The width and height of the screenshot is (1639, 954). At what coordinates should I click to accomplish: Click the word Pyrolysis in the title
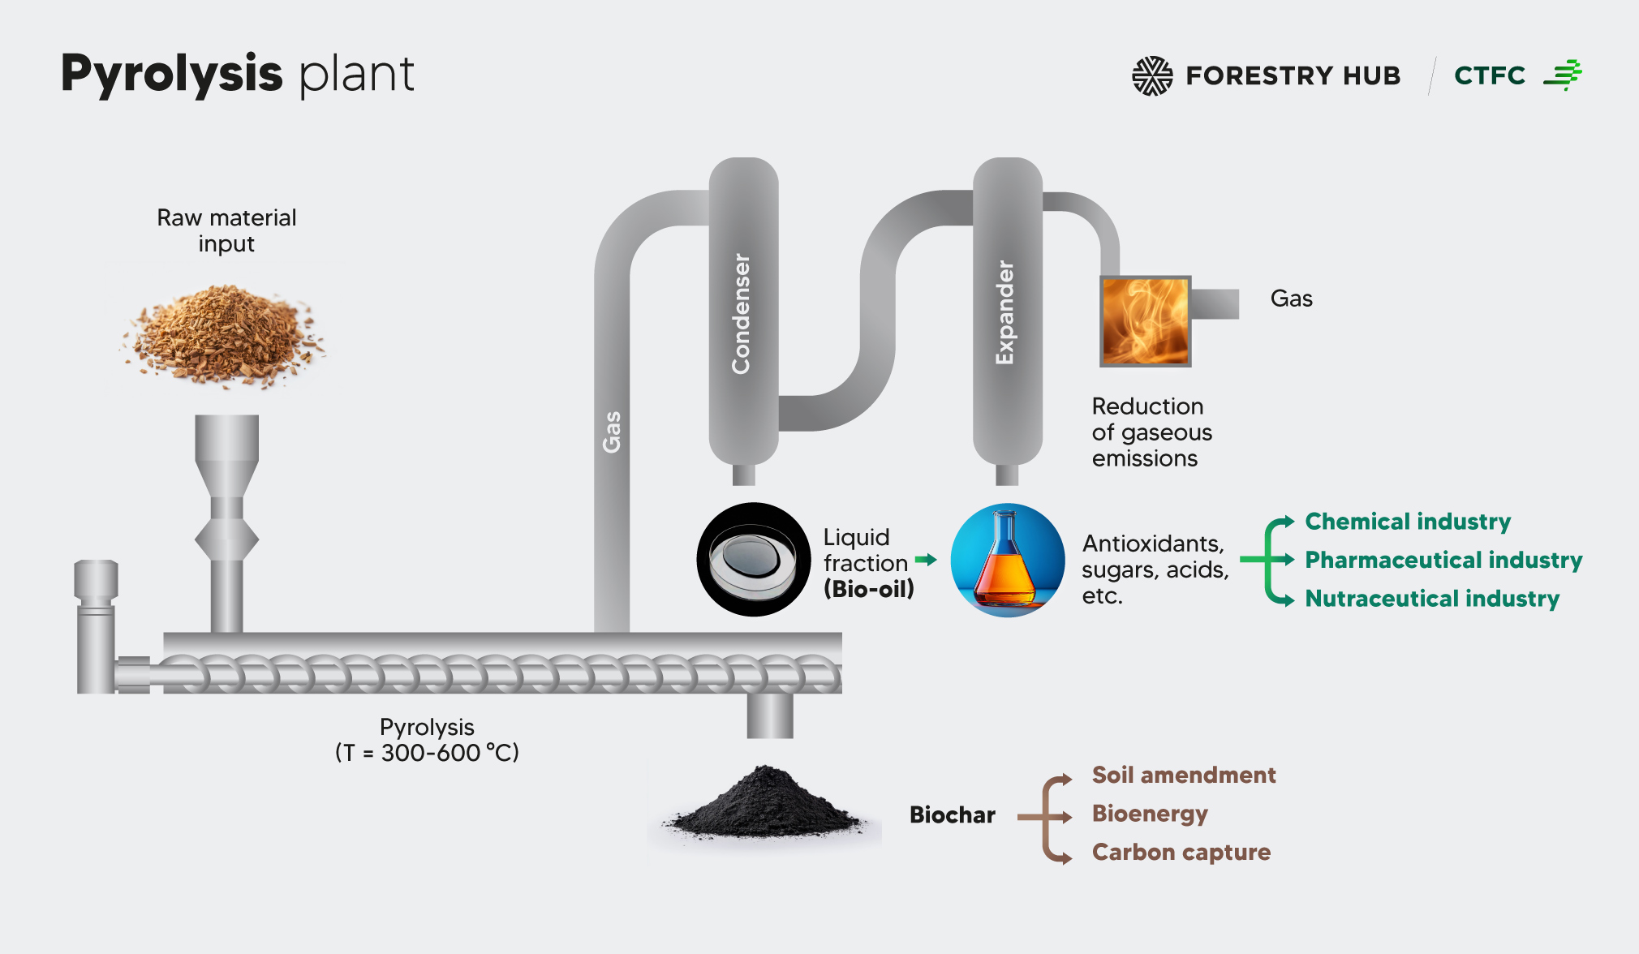[171, 75]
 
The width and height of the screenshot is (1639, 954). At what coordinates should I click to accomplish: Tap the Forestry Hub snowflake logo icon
[1152, 76]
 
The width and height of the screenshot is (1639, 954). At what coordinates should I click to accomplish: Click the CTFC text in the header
[1490, 75]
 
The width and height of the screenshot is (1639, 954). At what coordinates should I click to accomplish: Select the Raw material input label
[226, 230]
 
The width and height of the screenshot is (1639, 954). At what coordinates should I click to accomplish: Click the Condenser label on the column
[742, 314]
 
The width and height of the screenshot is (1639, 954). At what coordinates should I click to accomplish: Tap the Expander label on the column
[1005, 312]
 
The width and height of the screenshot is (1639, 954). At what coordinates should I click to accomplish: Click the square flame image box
[1145, 321]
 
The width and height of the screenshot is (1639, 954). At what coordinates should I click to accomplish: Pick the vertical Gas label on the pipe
[612, 432]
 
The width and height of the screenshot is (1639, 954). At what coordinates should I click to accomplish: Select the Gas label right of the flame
[1291, 299]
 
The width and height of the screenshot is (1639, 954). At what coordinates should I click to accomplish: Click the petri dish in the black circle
[753, 560]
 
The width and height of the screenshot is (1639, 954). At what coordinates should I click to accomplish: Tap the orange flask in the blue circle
[1007, 560]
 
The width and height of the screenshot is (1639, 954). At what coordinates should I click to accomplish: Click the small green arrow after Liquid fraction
[926, 560]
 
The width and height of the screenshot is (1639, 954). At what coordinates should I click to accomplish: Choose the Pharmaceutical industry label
[1443, 560]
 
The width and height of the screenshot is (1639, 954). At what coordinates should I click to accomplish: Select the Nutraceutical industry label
[1432, 599]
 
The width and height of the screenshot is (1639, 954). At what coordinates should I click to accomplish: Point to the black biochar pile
[764, 804]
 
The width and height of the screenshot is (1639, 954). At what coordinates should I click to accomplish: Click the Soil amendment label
[1184, 775]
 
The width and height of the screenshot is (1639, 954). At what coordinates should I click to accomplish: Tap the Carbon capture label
[1181, 852]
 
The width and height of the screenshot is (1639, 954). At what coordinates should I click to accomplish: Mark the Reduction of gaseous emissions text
[1151, 432]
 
